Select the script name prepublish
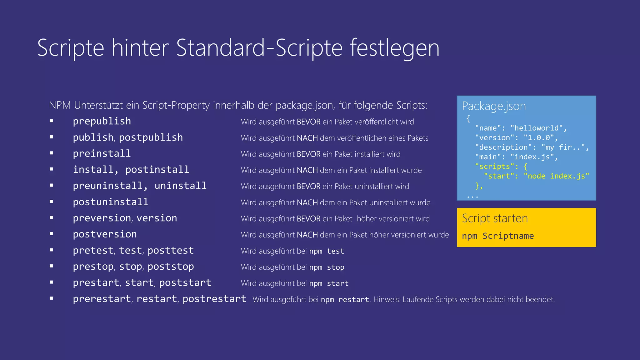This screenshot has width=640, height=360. click(x=102, y=121)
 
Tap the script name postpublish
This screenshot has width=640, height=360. click(x=151, y=137)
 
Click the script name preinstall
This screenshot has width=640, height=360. click(x=102, y=154)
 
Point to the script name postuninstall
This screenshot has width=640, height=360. click(x=111, y=202)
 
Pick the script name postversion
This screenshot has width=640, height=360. click(x=105, y=234)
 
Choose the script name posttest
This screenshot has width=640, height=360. click(x=171, y=251)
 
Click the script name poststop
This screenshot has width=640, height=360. click(x=171, y=267)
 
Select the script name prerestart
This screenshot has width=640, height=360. click(x=102, y=299)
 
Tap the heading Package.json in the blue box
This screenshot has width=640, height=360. click(x=494, y=106)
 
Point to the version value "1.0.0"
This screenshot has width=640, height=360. click(x=539, y=138)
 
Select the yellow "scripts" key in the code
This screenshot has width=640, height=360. click(x=494, y=167)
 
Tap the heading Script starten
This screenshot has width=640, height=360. click(x=495, y=218)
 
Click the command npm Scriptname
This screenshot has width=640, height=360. click(x=498, y=236)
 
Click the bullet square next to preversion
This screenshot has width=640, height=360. click(x=51, y=218)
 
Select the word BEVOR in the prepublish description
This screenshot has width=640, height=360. click(x=308, y=122)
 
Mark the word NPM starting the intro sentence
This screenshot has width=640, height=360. click(x=60, y=105)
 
